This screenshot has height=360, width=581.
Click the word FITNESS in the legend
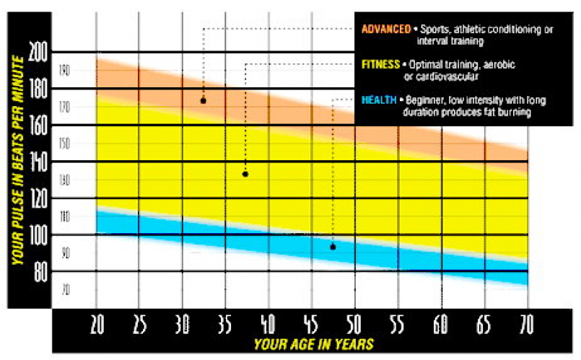[380, 65]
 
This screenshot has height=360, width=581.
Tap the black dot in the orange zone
[204, 101]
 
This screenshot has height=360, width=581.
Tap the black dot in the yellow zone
[245, 174]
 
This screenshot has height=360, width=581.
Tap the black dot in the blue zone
[333, 247]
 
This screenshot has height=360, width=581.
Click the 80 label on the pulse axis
[40, 272]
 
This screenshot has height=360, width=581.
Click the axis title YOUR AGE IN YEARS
[312, 344]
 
